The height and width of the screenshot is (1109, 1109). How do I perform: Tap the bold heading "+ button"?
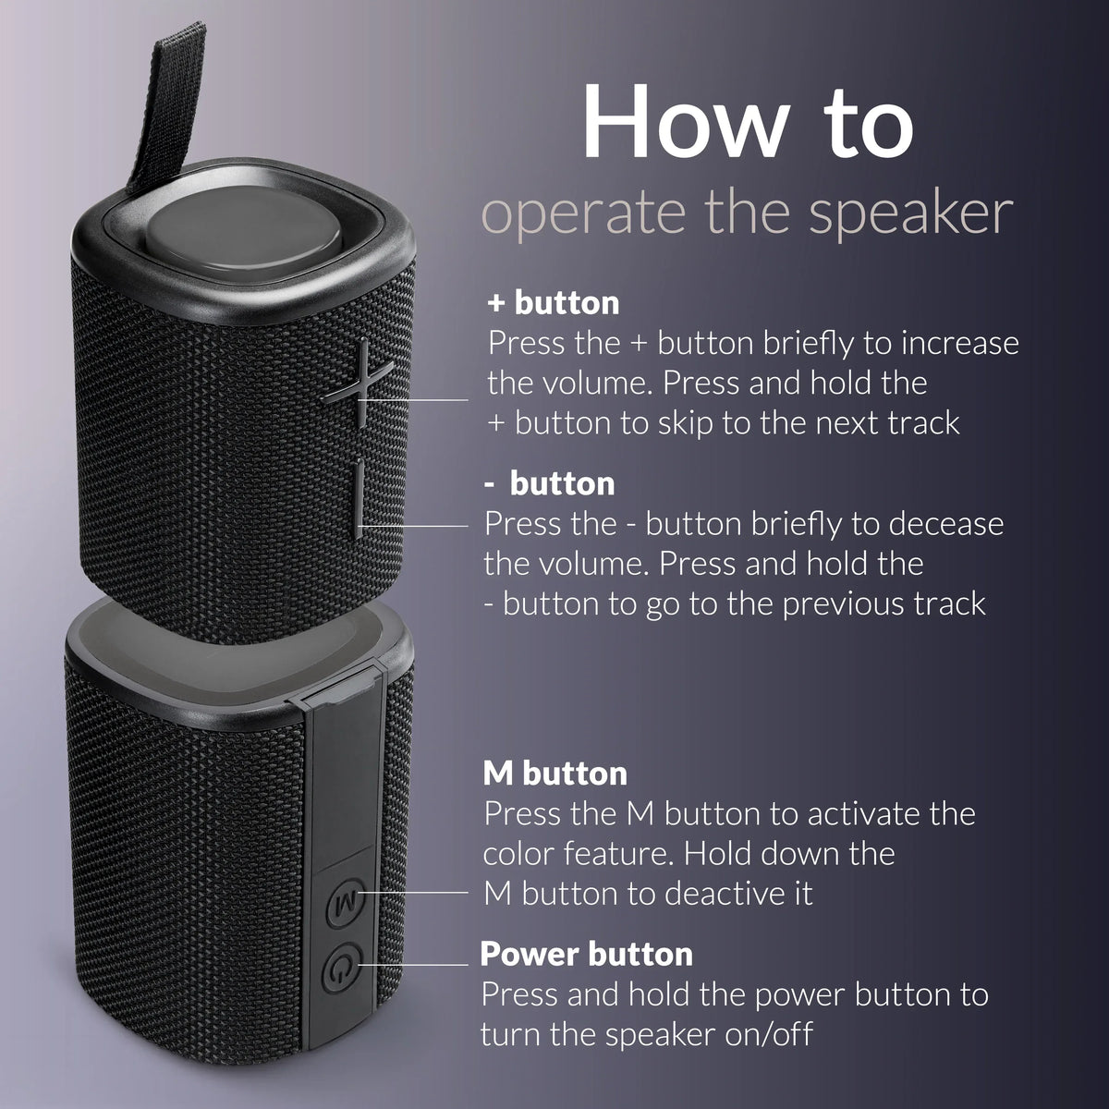pos(554,302)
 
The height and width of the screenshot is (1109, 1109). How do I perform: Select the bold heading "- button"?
pos(550,482)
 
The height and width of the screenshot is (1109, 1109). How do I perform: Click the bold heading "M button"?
pos(554,773)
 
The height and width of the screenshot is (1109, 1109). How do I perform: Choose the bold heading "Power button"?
pos(586,953)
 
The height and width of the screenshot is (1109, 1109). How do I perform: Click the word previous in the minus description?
pos(835,603)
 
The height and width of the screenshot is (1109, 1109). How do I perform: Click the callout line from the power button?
pos(416,965)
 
